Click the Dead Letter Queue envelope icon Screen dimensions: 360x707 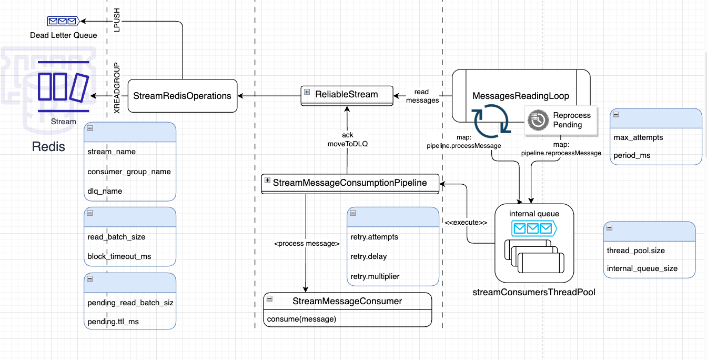click(63, 22)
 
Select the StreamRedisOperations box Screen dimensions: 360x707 click(182, 96)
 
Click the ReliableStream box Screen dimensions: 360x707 click(347, 95)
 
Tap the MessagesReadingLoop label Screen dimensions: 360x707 click(521, 96)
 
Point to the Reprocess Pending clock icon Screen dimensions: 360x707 click(538, 120)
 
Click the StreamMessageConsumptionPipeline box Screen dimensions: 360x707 click(350, 183)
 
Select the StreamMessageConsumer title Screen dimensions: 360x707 click(347, 302)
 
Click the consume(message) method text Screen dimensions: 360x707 click(301, 319)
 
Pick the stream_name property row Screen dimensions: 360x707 click(112, 152)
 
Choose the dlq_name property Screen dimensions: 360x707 click(105, 191)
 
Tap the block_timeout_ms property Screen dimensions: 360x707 click(119, 256)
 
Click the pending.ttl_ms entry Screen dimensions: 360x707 click(113, 321)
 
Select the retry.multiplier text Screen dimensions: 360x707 click(375, 276)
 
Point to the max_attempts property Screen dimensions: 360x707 click(638, 137)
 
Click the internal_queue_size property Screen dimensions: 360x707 click(642, 268)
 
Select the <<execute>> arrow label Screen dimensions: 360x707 click(466, 223)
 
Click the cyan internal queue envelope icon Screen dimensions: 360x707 click(533, 228)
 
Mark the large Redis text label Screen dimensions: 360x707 click(48, 147)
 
